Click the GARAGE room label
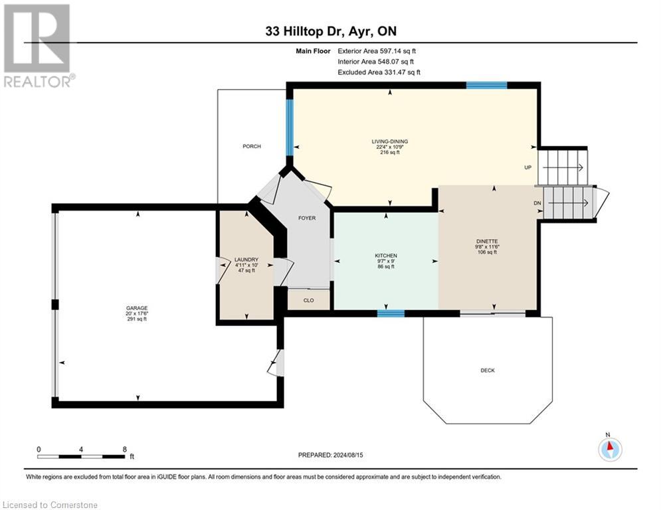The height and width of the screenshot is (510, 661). (x=137, y=308)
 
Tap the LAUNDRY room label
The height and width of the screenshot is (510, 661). (x=246, y=260)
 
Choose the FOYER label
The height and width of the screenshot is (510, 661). (x=306, y=218)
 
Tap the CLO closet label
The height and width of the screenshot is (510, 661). (x=308, y=301)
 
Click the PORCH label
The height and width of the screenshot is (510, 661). (x=252, y=146)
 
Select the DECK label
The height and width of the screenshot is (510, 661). (x=488, y=371)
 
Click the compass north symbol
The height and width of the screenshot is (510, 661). (x=609, y=449)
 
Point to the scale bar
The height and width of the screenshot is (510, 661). (x=81, y=456)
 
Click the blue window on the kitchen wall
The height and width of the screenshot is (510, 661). (x=391, y=313)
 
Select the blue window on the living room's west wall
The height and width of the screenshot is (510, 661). (x=290, y=126)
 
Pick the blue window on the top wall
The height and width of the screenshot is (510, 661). (x=486, y=85)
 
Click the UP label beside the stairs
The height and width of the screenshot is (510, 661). (x=528, y=167)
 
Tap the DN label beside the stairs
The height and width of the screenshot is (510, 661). (x=537, y=203)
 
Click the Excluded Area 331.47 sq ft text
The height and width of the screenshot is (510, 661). (x=379, y=72)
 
